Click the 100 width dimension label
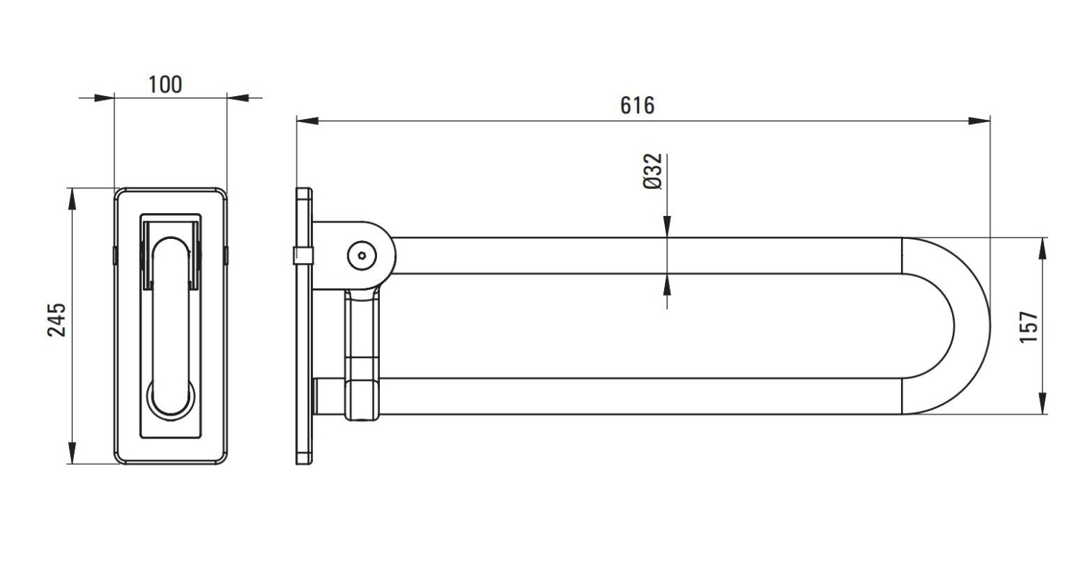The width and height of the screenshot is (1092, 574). (x=165, y=84)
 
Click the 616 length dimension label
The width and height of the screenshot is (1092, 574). (x=637, y=105)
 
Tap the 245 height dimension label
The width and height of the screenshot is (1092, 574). (x=57, y=320)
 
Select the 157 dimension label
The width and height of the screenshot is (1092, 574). (x=1029, y=326)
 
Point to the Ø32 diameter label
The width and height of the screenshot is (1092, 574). (x=653, y=171)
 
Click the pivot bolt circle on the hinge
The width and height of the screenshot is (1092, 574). (x=362, y=255)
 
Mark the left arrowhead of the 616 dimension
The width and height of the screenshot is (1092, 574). (x=307, y=121)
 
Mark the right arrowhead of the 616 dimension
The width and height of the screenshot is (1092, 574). (x=979, y=121)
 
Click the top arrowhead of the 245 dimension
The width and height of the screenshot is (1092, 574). (x=72, y=199)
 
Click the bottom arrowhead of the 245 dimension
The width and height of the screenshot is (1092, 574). (x=72, y=453)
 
